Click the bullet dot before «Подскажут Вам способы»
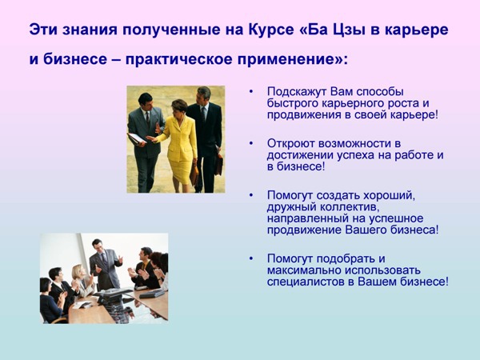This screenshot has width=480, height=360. (x=251, y=91)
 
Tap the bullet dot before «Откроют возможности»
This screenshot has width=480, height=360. (x=251, y=143)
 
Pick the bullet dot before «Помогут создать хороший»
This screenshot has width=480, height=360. (x=251, y=195)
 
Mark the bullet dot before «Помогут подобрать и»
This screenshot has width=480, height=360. (x=251, y=258)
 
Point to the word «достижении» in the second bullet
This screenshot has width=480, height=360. (x=300, y=156)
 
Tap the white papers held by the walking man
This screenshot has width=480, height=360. (x=136, y=138)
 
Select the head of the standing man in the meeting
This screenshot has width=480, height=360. (x=98, y=245)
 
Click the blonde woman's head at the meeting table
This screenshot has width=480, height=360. (x=77, y=271)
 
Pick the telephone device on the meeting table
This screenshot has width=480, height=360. (x=112, y=294)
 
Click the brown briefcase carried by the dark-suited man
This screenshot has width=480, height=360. (x=218, y=164)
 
